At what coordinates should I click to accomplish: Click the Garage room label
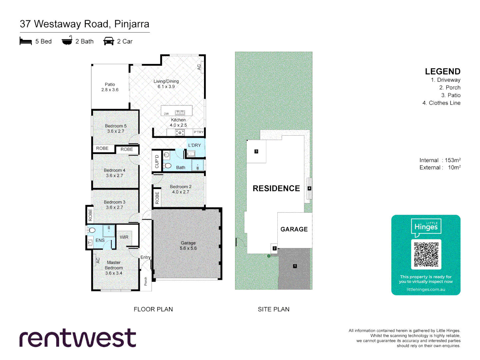click(188, 246)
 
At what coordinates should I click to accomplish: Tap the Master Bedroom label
click(114, 268)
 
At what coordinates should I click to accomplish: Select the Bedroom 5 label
click(116, 128)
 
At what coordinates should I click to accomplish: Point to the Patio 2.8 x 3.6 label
click(110, 87)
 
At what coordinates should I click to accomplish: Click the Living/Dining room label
click(166, 84)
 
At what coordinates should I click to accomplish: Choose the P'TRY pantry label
click(198, 132)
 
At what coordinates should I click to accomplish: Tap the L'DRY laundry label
click(194, 145)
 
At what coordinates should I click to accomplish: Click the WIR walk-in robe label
click(124, 237)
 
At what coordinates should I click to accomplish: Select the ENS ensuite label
click(100, 240)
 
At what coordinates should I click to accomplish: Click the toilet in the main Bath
click(167, 166)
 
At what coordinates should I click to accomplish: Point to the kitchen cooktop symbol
click(180, 133)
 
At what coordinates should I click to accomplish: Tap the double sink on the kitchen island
click(180, 113)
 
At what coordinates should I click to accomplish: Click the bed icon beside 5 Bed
click(26, 41)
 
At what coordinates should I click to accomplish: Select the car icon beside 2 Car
click(109, 41)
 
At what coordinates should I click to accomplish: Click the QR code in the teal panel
click(426, 254)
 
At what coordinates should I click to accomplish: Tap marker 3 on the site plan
click(256, 151)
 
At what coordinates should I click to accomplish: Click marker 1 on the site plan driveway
click(295, 266)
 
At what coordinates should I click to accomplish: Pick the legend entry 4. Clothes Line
click(441, 103)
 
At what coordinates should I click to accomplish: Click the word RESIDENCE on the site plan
click(276, 188)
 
